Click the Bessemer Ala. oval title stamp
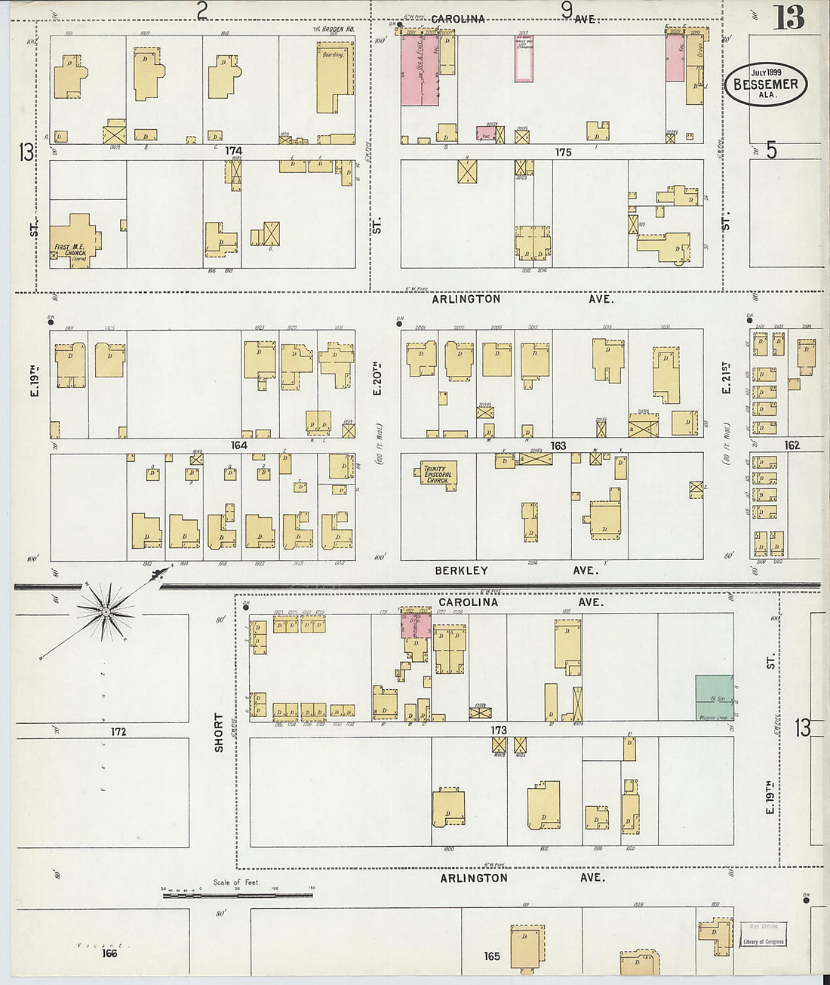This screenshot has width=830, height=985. pyautogui.click(x=766, y=84)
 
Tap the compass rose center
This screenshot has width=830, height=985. pyautogui.click(x=107, y=611)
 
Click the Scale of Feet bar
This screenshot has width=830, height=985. pyautogui.click(x=237, y=895)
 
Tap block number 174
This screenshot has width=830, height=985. pyautogui.click(x=234, y=152)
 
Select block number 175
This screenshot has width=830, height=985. pyautogui.click(x=563, y=152)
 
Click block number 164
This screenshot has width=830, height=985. pyautogui.click(x=238, y=445)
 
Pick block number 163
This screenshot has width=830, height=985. pyautogui.click(x=558, y=446)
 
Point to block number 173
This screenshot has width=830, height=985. pyautogui.click(x=498, y=730)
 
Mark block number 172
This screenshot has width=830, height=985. pyautogui.click(x=118, y=731)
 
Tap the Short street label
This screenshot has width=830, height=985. pyautogui.click(x=219, y=732)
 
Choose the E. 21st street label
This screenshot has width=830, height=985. pyautogui.click(x=726, y=377)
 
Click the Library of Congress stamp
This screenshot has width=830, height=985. pyautogui.click(x=763, y=934)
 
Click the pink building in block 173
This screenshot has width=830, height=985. pyautogui.click(x=416, y=625)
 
